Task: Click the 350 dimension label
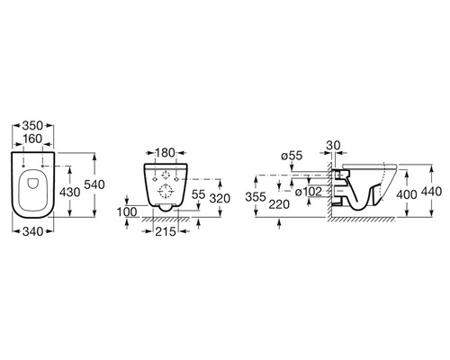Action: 32,125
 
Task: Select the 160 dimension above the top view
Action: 32,139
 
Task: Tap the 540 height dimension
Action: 94,184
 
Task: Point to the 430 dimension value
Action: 69,193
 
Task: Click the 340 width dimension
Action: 33,231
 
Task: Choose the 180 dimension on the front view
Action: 165,153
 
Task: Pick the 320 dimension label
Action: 220,198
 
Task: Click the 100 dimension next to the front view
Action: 127,212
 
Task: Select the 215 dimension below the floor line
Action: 166,231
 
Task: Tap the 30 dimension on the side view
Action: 333,146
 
